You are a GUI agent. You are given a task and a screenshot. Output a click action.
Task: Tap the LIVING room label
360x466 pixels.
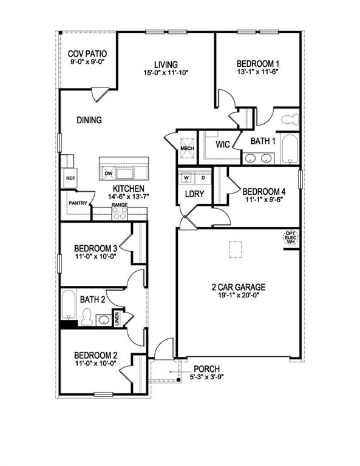(x=165, y=64)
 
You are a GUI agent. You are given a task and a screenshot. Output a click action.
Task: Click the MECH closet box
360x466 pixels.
(x=186, y=146)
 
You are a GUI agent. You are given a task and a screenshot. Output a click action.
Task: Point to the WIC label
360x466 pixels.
(x=222, y=144)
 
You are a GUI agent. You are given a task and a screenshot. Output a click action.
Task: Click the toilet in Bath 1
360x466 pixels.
(x=290, y=118)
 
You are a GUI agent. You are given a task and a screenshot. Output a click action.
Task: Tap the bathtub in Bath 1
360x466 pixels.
(x=290, y=149)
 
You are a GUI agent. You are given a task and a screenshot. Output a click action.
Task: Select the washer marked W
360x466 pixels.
(x=186, y=178)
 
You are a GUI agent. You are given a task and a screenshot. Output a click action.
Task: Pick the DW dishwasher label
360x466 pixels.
(x=109, y=174)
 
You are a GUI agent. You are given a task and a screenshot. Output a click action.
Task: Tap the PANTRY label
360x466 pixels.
(x=78, y=203)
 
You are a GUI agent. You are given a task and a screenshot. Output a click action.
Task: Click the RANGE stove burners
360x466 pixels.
(x=119, y=214)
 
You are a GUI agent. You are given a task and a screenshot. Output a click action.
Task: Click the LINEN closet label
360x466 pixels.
(x=117, y=318)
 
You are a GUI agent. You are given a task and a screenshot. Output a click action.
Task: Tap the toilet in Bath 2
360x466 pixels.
(x=87, y=317)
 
